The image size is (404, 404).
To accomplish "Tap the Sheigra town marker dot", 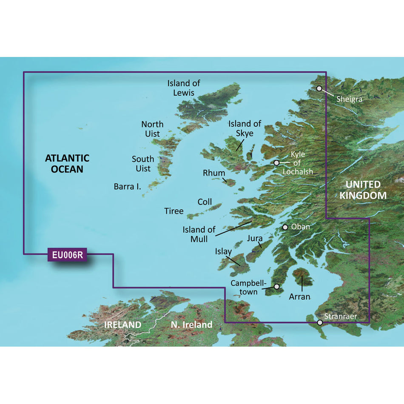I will point(319,88).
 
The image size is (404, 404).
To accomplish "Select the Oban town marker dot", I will point(285,228).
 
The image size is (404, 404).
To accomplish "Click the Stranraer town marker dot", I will point(320,322).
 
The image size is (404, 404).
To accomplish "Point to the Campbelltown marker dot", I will point(277,287).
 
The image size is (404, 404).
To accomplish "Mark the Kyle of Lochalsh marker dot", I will point(276,163).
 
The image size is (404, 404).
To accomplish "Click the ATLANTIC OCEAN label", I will point(68,164).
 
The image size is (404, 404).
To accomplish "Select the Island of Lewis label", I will point(184,88).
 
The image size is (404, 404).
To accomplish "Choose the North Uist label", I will point(152,129).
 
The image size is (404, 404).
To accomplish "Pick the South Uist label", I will point(143,164).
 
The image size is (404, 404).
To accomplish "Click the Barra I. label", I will point(128,186).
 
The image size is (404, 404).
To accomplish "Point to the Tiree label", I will point(174,211).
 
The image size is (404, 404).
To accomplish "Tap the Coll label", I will point(205,202).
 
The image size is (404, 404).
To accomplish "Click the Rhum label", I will point(214,173).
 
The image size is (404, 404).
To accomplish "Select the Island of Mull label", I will point(199,234).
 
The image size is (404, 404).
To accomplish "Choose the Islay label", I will point(224,251).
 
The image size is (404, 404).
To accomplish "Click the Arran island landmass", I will point(302,277).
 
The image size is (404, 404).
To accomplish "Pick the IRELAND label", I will point(123,325).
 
